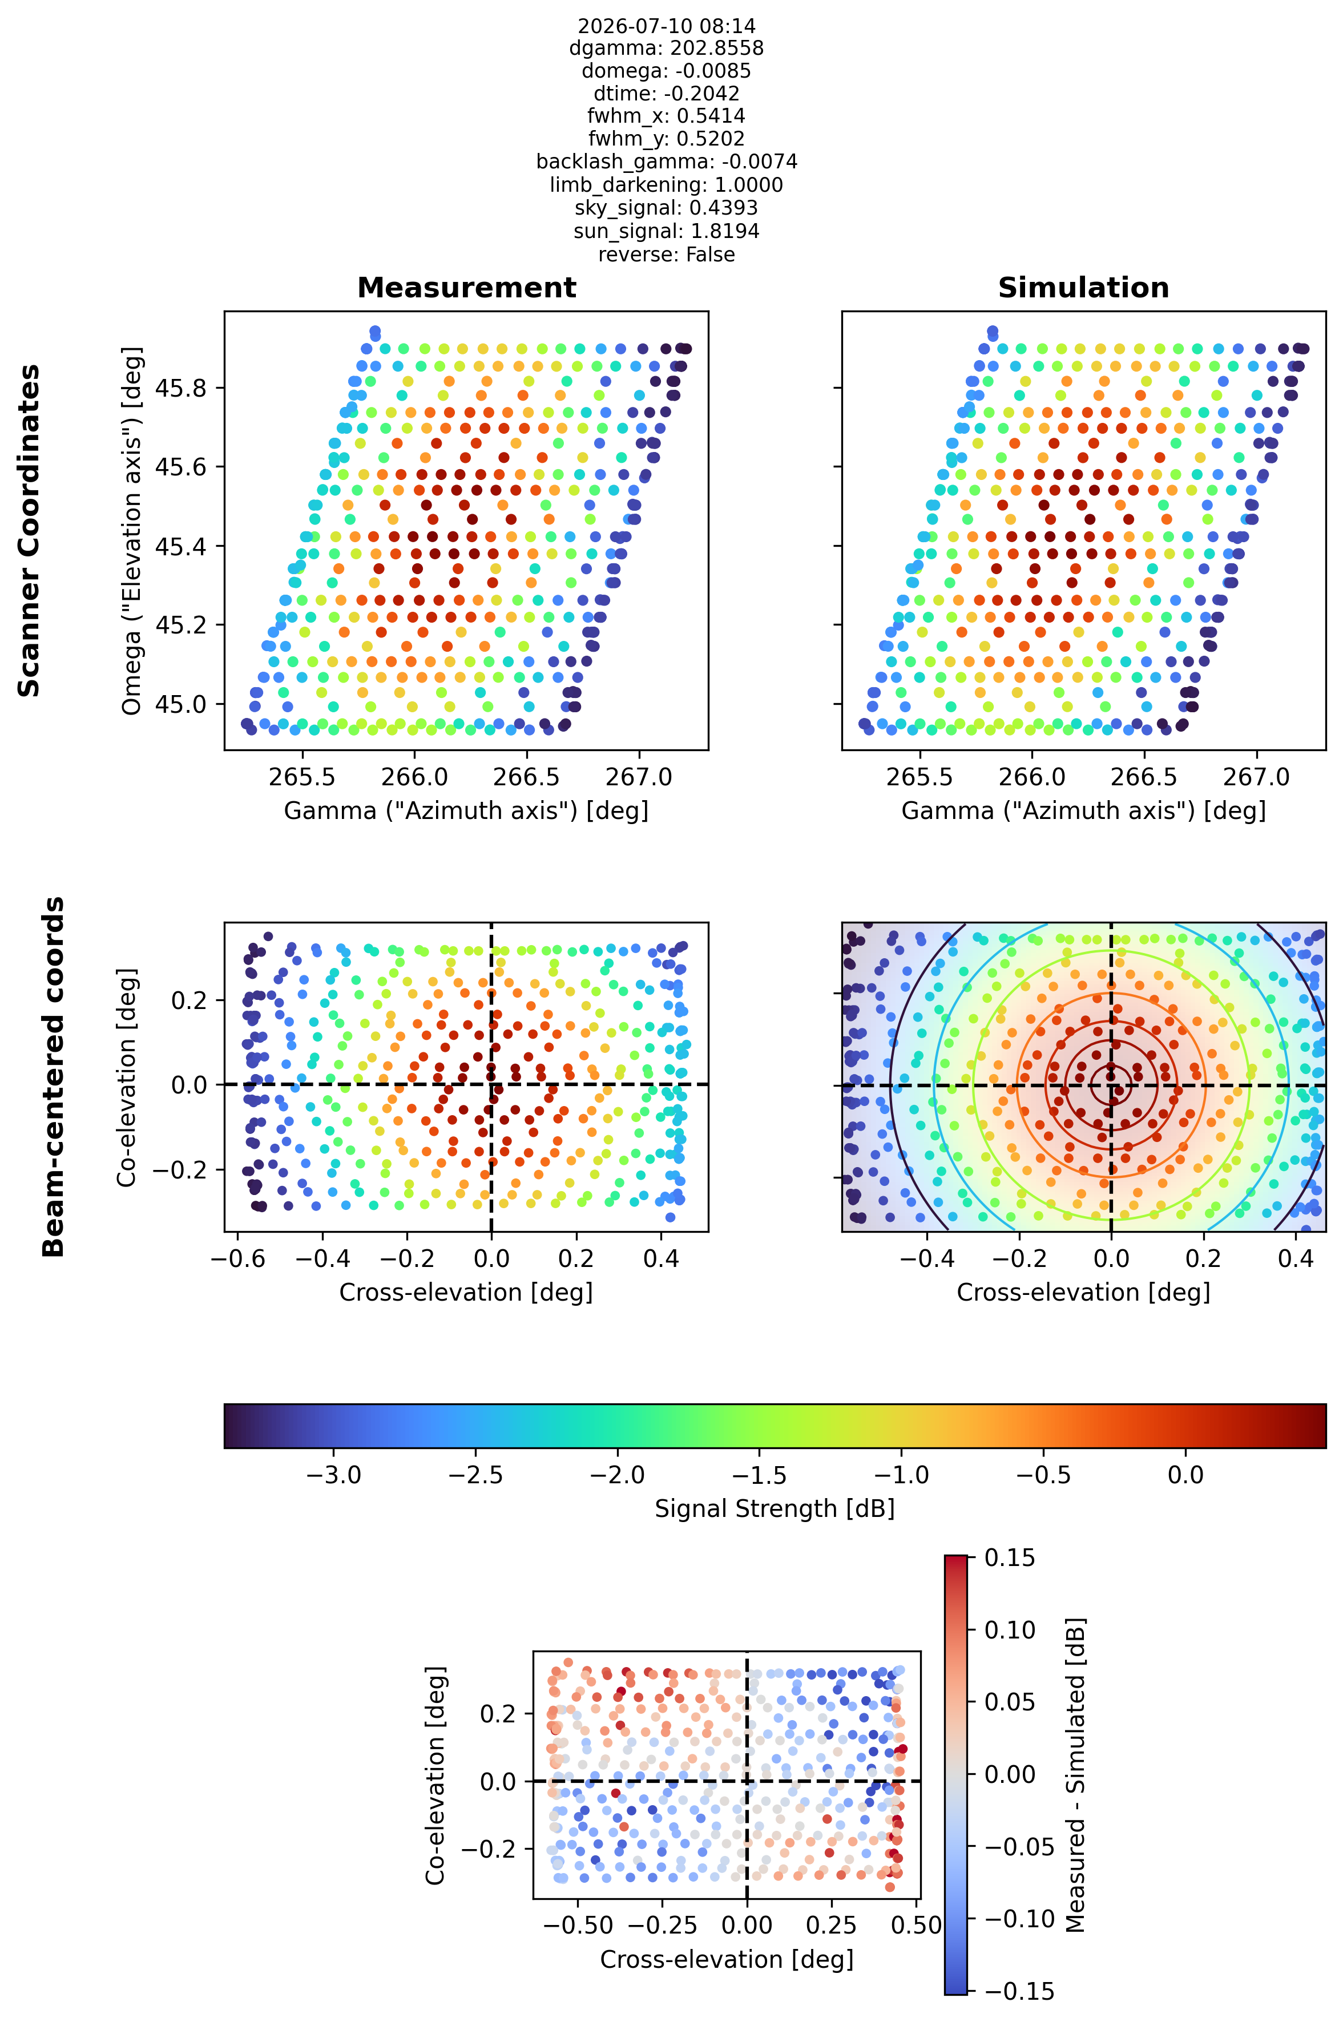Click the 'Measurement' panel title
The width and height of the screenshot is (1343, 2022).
point(467,288)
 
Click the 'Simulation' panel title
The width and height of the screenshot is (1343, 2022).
point(1083,288)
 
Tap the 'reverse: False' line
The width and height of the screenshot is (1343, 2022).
point(666,255)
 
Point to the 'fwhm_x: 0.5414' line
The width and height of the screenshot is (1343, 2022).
point(666,116)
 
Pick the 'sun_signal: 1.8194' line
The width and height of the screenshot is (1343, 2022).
point(666,231)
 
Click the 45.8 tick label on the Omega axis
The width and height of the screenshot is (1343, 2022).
point(180,388)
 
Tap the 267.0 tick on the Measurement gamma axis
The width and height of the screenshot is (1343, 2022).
point(639,777)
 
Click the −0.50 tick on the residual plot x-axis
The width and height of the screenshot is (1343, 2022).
point(578,1924)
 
